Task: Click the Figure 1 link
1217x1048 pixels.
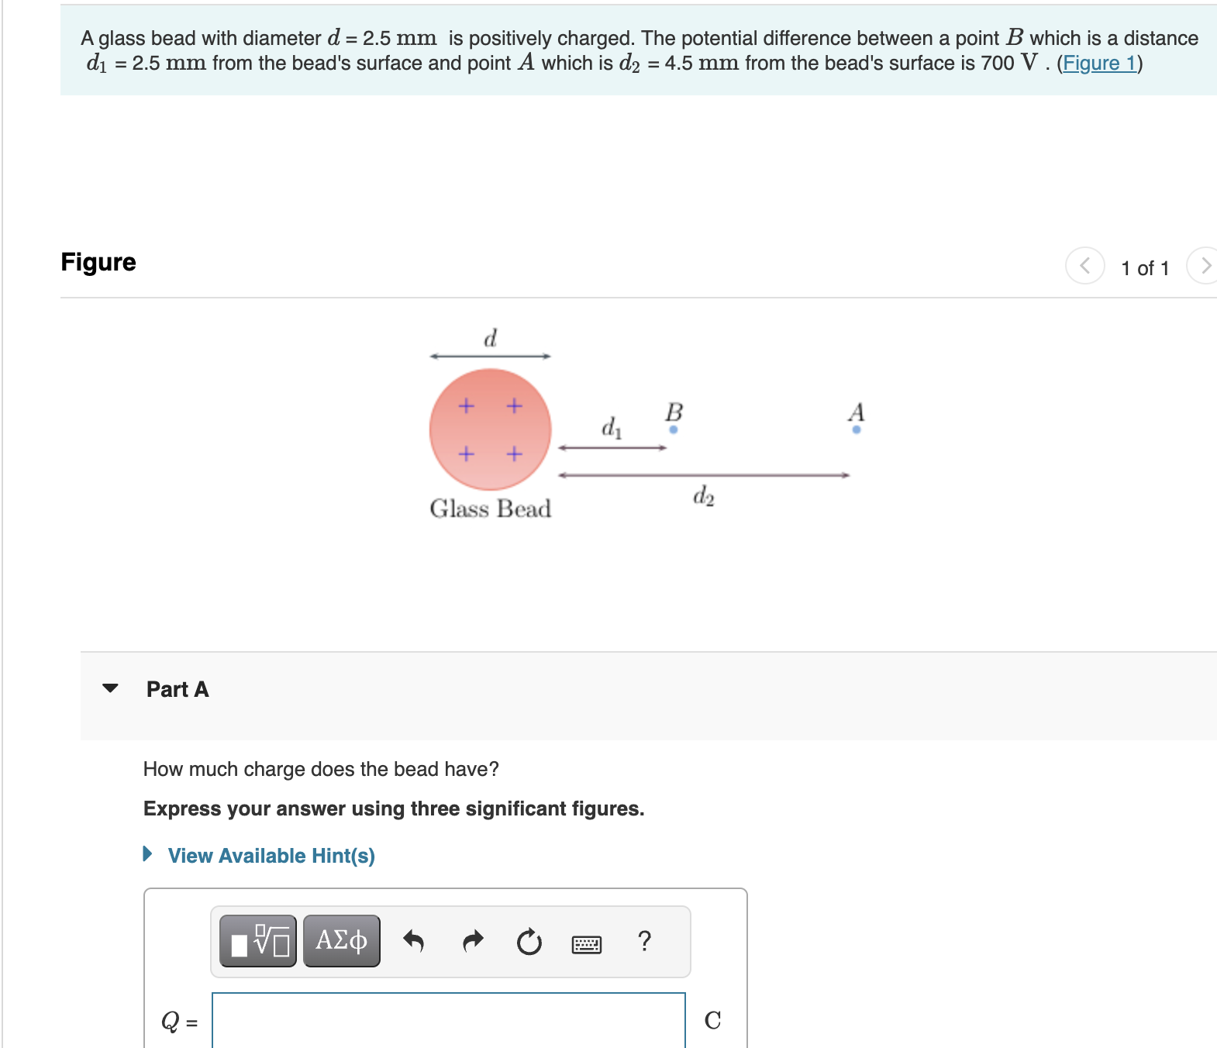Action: point(1098,63)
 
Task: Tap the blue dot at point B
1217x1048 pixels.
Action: point(673,429)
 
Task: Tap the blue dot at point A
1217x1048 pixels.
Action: point(856,429)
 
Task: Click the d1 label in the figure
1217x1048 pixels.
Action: point(611,427)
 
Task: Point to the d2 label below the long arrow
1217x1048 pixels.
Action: point(703,495)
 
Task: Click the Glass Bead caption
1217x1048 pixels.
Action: point(490,508)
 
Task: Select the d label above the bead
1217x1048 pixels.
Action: point(490,339)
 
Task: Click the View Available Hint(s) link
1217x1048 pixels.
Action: point(271,856)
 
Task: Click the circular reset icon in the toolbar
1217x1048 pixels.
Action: point(529,942)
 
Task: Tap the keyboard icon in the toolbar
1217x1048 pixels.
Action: point(586,944)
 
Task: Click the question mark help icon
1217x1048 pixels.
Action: point(644,941)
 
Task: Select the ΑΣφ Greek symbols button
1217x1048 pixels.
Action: point(341,941)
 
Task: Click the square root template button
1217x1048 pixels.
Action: point(258,941)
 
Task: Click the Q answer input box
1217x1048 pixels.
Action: point(448,1020)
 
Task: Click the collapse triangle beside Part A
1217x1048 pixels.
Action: point(111,688)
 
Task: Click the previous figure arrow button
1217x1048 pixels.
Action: point(1084,266)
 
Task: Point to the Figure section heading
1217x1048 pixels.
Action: point(98,262)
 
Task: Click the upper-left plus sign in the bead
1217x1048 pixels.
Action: point(466,405)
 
